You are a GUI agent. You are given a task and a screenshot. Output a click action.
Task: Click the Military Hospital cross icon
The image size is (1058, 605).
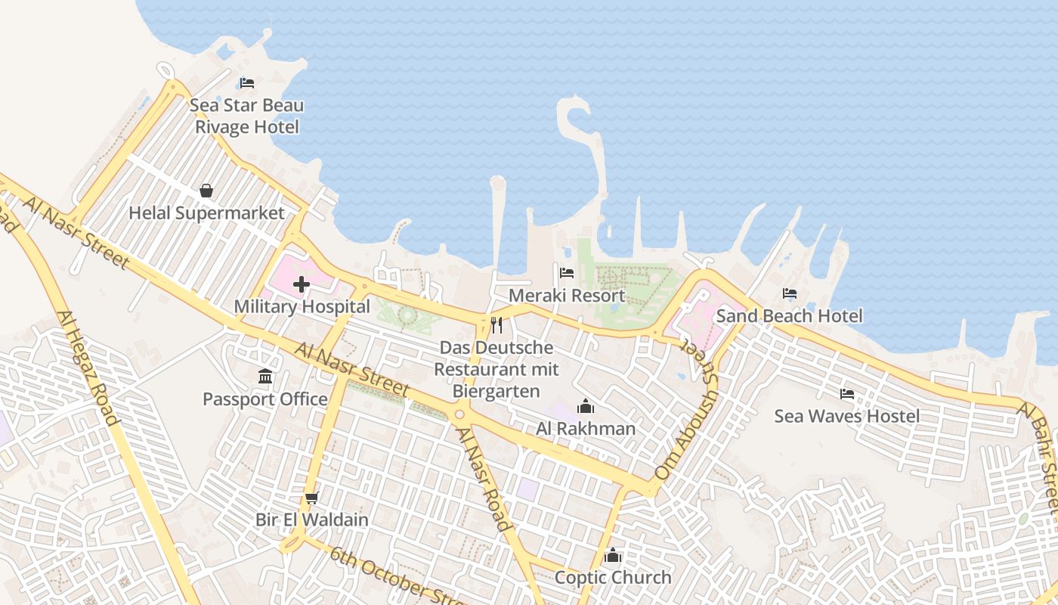coord(302,284)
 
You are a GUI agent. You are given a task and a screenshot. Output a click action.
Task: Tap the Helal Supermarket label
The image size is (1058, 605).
coord(206,213)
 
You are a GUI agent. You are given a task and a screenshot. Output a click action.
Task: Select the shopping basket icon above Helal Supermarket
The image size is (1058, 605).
coord(206,191)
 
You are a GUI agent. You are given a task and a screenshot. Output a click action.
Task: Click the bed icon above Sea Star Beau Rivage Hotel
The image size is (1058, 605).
coord(246,83)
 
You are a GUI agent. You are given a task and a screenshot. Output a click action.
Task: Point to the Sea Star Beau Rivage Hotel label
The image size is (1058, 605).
coord(247,116)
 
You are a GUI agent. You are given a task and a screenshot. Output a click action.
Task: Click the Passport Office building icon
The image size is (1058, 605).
coord(265,377)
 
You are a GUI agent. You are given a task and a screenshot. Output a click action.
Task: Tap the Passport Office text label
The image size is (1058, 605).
coord(265,399)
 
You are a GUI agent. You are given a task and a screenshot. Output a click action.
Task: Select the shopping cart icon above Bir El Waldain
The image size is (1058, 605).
coord(311,498)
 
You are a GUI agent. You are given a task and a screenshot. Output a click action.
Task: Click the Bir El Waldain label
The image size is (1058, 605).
coord(312,520)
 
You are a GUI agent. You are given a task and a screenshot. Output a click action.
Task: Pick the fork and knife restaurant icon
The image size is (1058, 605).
coord(497,325)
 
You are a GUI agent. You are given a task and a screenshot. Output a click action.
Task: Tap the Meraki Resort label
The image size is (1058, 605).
coord(567,296)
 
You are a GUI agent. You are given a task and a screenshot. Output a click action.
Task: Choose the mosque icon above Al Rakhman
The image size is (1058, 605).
coord(586,407)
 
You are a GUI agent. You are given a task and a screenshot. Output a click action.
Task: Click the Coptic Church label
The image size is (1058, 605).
coord(613,578)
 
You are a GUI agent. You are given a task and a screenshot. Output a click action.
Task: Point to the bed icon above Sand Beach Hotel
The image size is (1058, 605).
coord(790,293)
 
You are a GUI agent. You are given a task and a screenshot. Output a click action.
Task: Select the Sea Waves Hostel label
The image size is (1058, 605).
coord(847,416)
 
